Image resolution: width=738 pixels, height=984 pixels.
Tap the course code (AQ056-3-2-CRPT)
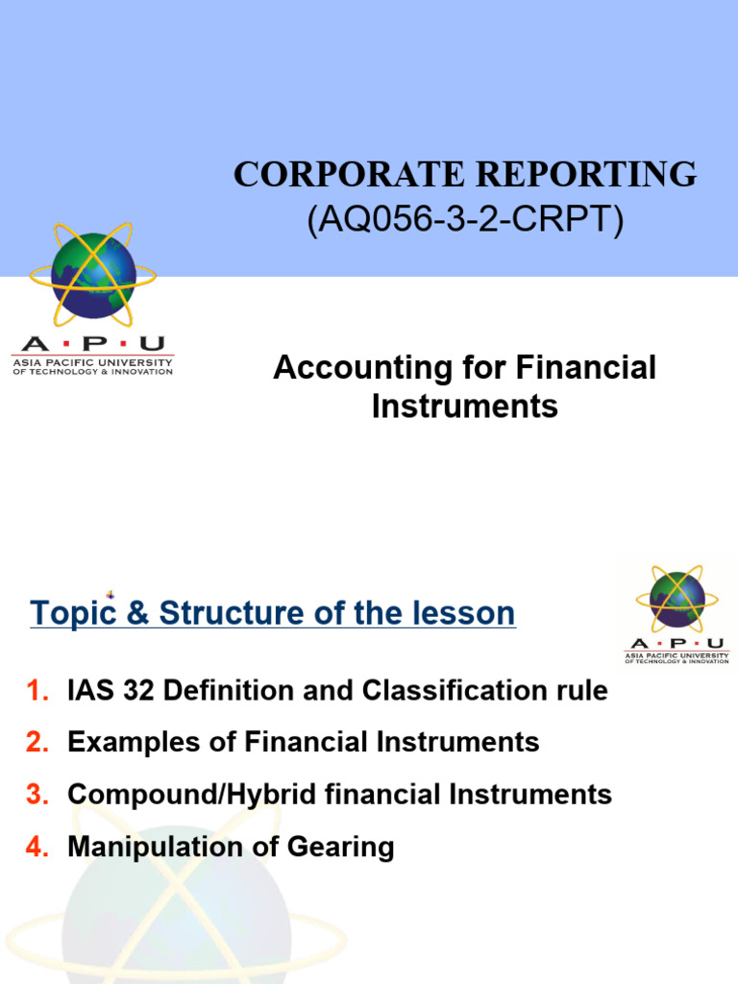465,220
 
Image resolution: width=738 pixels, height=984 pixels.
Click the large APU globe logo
93,274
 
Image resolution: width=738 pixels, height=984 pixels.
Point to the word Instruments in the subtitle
464,406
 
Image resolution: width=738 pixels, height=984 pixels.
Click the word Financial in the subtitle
587,368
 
